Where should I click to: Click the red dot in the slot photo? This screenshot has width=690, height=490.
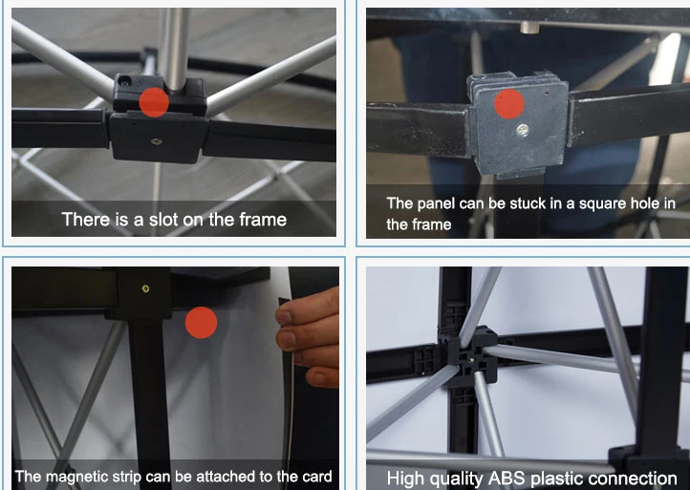[154, 102]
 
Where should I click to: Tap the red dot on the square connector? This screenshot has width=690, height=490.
[509, 104]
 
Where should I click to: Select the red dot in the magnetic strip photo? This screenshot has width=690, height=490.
[201, 323]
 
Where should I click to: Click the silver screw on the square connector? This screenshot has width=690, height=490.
[523, 129]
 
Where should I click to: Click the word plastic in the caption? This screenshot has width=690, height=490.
[551, 479]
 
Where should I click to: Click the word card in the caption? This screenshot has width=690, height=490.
[315, 477]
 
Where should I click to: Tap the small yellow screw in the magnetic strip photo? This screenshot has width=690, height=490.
[145, 288]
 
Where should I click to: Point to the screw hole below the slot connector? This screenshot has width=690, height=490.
[156, 141]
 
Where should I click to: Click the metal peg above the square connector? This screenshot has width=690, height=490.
[529, 28]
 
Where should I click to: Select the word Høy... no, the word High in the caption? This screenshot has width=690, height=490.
[406, 479]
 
